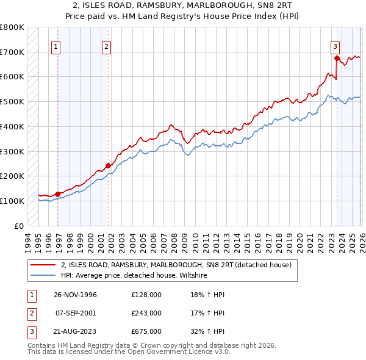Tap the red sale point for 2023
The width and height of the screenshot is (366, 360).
337,59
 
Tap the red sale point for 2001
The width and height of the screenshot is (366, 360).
108,165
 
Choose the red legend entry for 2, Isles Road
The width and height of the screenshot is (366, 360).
176,265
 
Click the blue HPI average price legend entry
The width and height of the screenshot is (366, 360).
134,276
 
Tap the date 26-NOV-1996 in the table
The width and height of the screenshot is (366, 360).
76,295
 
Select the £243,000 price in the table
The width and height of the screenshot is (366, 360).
146,313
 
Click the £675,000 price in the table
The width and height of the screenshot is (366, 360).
146,331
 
